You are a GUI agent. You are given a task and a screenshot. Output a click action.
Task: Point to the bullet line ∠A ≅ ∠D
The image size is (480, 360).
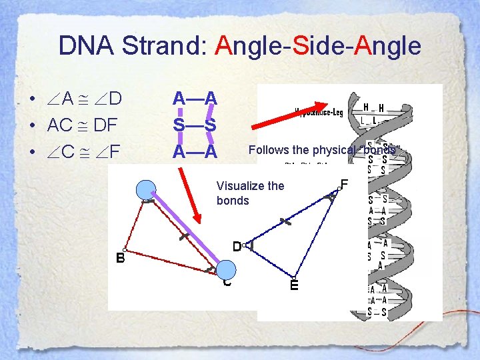pyautogui.click(x=84, y=99)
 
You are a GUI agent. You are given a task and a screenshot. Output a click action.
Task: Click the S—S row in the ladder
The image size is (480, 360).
pyautogui.click(x=194, y=125)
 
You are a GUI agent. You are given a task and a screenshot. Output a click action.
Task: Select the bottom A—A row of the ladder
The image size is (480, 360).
pyautogui.click(x=194, y=151)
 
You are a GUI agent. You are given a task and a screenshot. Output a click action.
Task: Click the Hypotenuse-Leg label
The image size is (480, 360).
pyautogui.click(x=318, y=113)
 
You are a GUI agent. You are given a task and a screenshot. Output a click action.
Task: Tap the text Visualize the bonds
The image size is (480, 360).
pyautogui.click(x=250, y=193)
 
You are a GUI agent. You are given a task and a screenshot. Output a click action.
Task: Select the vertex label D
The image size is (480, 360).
pyautogui.click(x=237, y=247)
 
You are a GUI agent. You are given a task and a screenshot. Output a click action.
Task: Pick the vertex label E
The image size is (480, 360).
pyautogui.click(x=294, y=285)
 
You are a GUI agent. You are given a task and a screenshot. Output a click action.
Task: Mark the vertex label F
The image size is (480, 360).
pyautogui.click(x=344, y=183)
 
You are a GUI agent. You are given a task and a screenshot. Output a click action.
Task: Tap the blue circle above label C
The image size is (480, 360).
pyautogui.click(x=227, y=269)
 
